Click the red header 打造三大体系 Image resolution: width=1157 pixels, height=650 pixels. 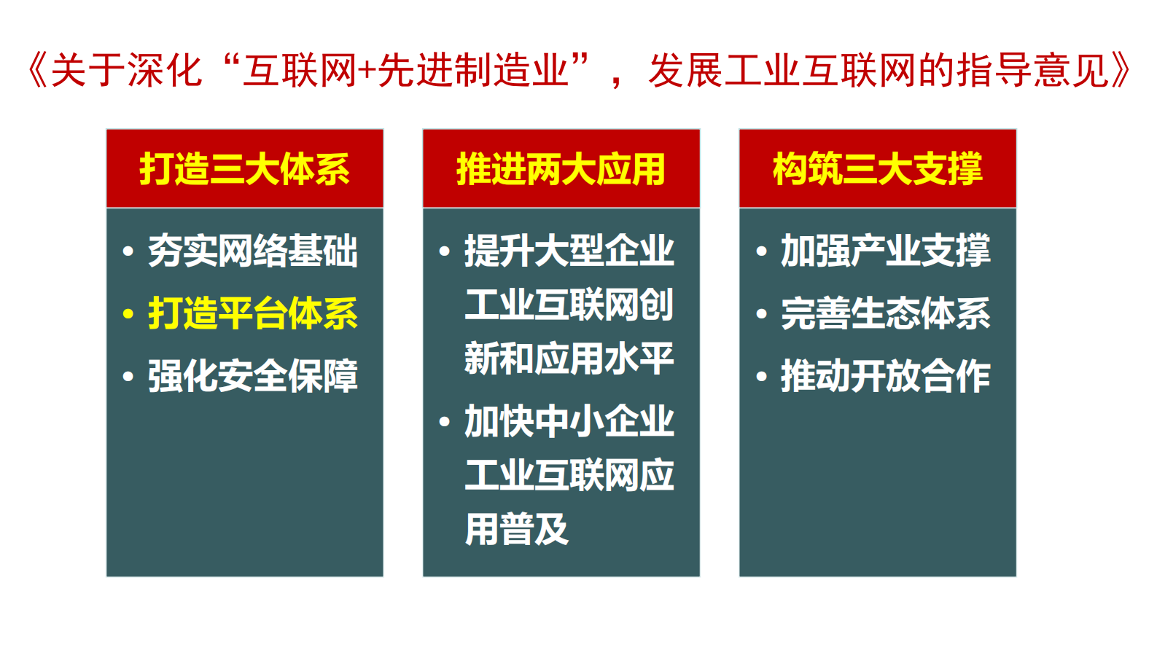[244, 169]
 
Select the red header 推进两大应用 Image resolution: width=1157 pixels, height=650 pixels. [561, 169]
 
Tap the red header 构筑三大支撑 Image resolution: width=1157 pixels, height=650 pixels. [877, 169]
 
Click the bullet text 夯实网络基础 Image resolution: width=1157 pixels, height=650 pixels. [252, 251]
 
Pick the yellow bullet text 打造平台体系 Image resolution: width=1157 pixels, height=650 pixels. [252, 314]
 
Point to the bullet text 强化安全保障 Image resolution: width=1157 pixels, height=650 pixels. [252, 377]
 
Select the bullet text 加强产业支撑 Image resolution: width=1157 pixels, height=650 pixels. [885, 251]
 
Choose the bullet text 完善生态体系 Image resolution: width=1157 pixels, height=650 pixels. [885, 314]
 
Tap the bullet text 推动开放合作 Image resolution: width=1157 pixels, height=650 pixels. [885, 377]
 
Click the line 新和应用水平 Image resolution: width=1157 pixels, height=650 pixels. [569, 359]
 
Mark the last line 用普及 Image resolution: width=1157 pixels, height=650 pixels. [516, 530]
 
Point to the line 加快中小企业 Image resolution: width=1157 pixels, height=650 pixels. [569, 422]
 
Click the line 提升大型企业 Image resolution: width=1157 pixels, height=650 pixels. [569, 251]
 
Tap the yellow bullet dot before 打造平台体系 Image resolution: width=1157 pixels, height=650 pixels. [128, 315]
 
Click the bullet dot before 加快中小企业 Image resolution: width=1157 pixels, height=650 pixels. [445, 422]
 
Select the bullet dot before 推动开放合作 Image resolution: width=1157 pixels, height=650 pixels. [762, 377]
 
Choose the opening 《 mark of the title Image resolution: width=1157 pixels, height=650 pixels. [36, 71]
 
